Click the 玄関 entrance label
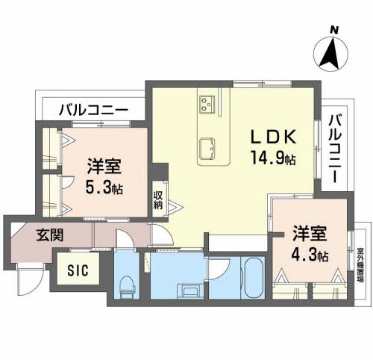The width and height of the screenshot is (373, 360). (x=50, y=235)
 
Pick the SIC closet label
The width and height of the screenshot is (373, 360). (x=76, y=270)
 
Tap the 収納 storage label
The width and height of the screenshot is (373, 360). (x=158, y=199)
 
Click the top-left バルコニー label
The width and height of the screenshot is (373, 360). (x=91, y=110)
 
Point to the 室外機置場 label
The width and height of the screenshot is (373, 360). (x=360, y=258)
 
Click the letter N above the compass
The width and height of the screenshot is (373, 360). (x=335, y=29)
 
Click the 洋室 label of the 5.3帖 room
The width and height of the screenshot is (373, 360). (x=104, y=166)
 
